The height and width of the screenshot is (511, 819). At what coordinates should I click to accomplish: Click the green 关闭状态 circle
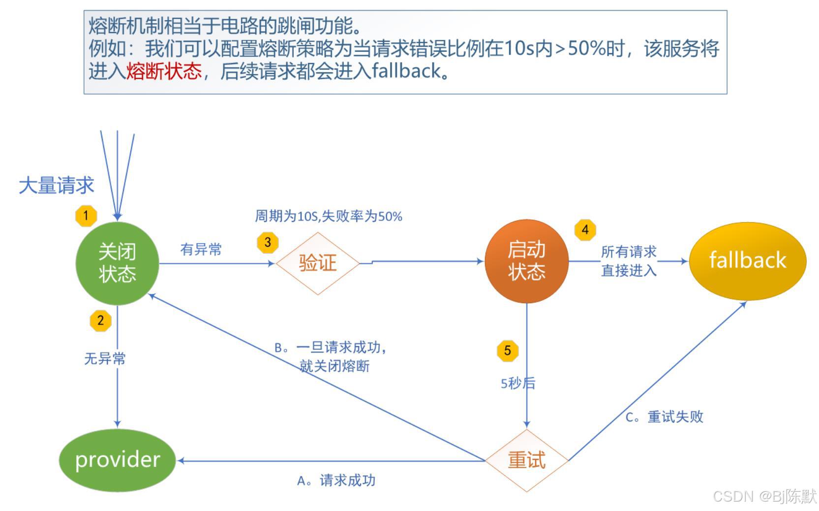pyautogui.click(x=117, y=263)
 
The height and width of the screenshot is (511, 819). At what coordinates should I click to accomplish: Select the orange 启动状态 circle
pyautogui.click(x=526, y=261)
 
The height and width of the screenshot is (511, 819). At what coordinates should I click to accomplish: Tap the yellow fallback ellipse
pyautogui.click(x=747, y=260)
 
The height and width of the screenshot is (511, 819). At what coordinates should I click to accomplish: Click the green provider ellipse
pyautogui.click(x=117, y=460)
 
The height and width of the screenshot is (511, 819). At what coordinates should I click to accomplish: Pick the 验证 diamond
pyautogui.click(x=318, y=263)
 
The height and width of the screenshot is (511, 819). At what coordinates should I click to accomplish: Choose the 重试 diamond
pyautogui.click(x=526, y=460)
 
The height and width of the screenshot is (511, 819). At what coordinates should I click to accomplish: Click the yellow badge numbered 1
pyautogui.click(x=86, y=216)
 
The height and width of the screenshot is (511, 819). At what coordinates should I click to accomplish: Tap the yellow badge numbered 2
pyautogui.click(x=101, y=320)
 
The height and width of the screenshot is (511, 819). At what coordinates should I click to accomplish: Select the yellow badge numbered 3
pyautogui.click(x=268, y=242)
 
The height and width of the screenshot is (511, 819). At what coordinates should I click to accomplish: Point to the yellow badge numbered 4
pyautogui.click(x=585, y=230)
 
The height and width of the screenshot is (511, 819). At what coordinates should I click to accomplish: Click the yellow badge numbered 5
pyautogui.click(x=508, y=351)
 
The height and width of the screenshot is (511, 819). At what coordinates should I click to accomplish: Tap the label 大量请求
pyautogui.click(x=56, y=186)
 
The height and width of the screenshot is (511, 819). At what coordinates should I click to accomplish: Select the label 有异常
pyautogui.click(x=201, y=249)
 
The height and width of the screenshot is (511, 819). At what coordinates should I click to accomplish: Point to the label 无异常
pyautogui.click(x=105, y=358)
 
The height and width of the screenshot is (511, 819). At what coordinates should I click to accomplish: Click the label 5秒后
pyautogui.click(x=517, y=383)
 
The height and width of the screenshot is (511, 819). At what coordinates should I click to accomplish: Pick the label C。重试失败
pyautogui.click(x=664, y=417)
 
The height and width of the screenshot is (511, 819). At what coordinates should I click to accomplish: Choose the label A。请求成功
pyautogui.click(x=336, y=480)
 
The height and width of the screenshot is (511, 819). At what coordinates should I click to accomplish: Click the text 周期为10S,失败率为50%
pyautogui.click(x=328, y=216)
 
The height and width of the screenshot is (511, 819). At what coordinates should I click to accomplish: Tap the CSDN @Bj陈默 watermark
pyautogui.click(x=764, y=496)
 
